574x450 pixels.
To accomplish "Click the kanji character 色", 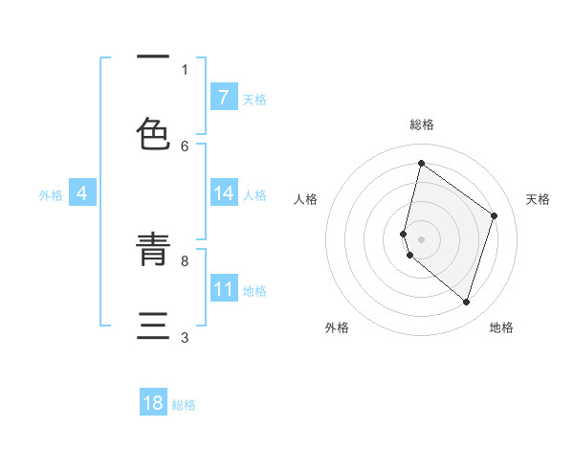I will coord(153,134).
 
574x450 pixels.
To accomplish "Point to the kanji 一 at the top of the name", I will coord(153,57).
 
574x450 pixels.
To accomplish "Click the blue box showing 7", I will coord(223,97).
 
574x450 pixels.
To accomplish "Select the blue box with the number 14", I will coord(223,193).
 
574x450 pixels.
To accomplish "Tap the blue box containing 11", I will coord(223,289).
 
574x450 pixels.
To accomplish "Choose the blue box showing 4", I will coord(82,193).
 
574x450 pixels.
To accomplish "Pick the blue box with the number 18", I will coord(153,403).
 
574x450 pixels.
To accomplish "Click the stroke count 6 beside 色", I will coord(185,146).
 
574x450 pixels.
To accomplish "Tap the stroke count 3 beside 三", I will coord(185,337).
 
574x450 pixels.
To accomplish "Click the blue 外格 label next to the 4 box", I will coord(51,194).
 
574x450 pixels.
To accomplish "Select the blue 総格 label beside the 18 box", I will coord(184,405).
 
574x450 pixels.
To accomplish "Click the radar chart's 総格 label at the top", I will coord(421,124).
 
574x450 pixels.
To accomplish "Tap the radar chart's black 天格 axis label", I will coord(538,199).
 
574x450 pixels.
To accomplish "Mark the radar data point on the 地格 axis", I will coord(466,302).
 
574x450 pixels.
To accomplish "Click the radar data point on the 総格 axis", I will coord(421,163).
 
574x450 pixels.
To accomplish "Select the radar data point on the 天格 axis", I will coord(494,215).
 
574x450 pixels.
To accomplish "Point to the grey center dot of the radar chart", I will coord(421,239).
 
